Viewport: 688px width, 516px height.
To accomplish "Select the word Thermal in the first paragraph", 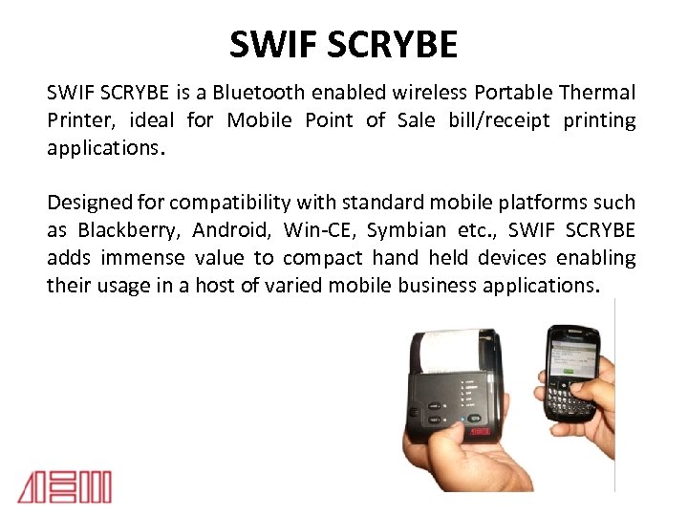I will pos(598,93).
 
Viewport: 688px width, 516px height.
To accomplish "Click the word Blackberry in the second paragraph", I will pos(129,230).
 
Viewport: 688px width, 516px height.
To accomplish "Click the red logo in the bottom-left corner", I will pos(64,487).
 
